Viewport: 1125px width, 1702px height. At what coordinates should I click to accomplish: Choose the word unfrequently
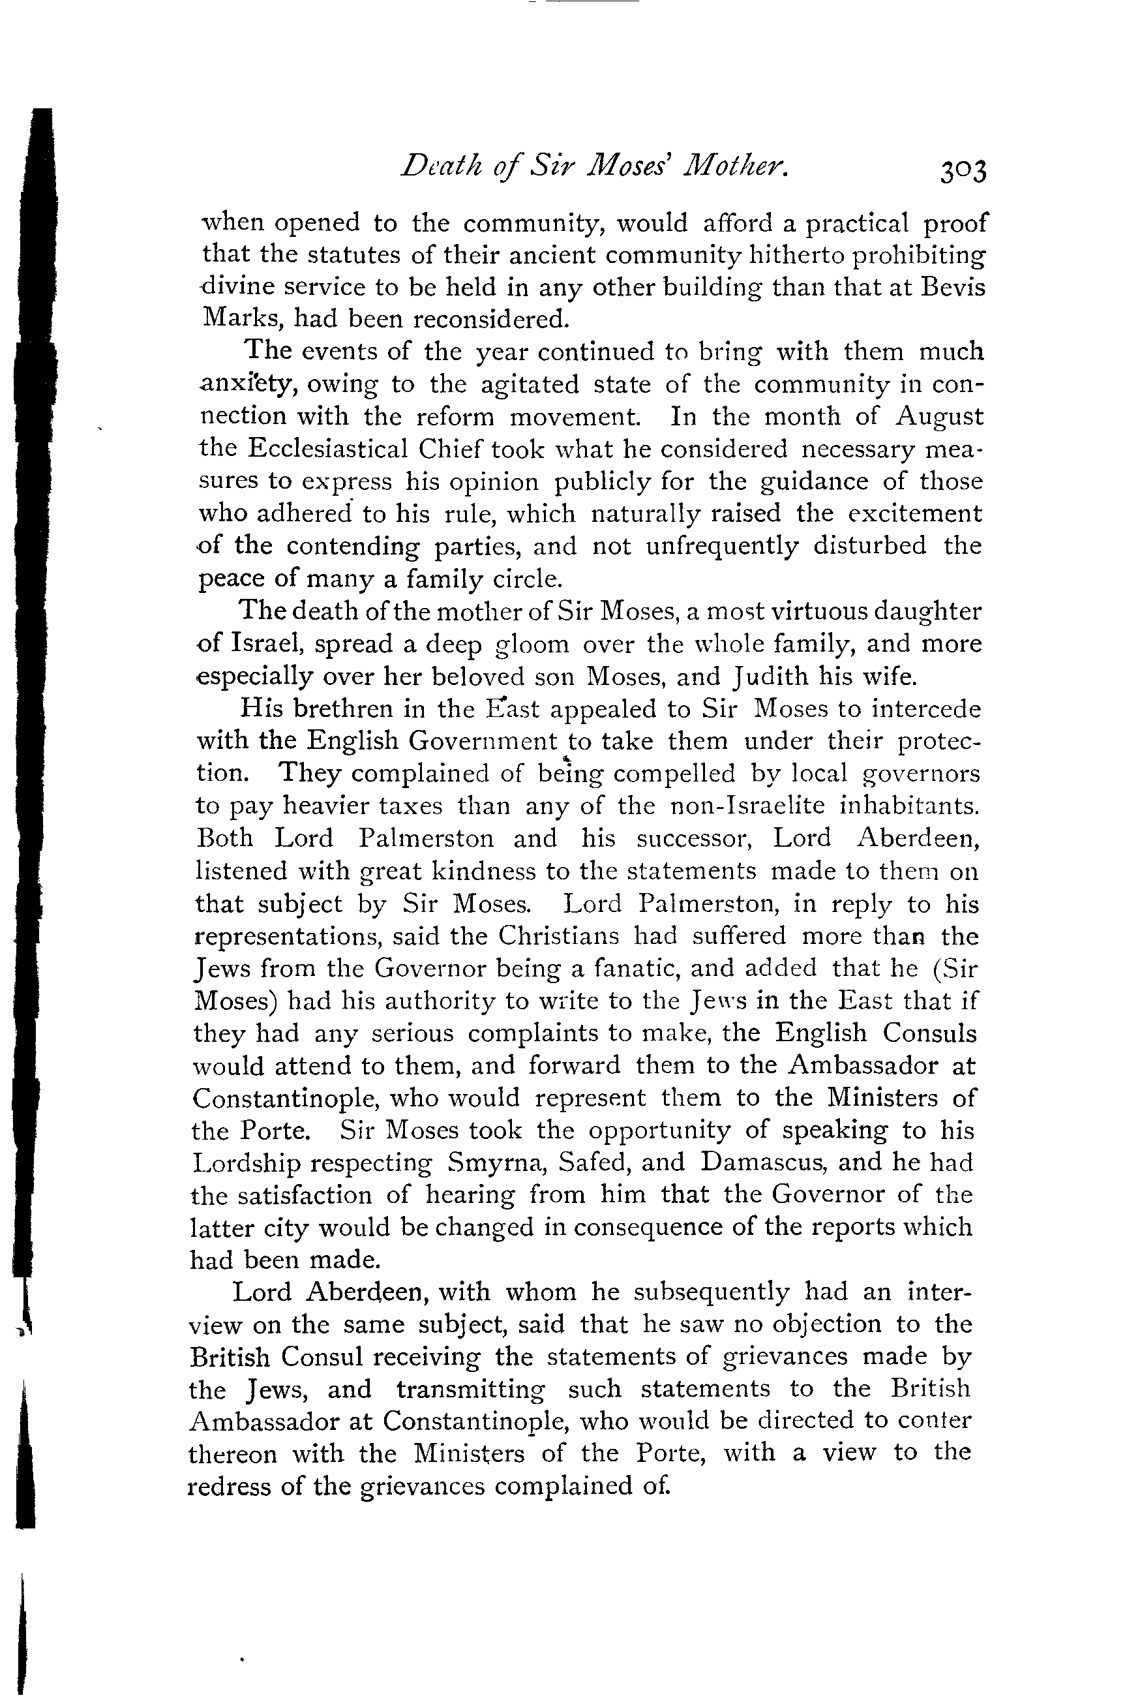coord(722,546)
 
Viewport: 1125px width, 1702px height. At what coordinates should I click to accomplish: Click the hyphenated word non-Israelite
coord(747,806)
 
